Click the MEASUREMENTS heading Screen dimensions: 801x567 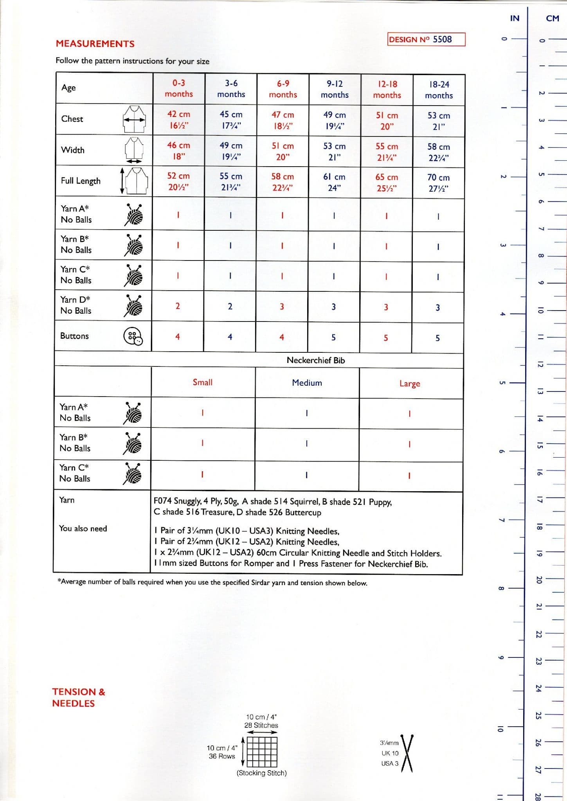click(x=95, y=43)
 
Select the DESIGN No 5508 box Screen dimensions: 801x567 click(x=426, y=40)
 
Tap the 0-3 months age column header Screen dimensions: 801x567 click(x=178, y=88)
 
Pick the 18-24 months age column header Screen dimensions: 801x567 click(x=439, y=90)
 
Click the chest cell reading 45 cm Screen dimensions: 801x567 click(x=231, y=120)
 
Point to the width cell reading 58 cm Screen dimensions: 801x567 click(x=438, y=152)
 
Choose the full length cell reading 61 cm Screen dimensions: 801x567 click(x=334, y=182)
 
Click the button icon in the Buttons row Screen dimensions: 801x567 click(x=133, y=336)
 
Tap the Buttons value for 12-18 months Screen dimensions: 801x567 click(x=386, y=338)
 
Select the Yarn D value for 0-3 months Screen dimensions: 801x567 click(x=178, y=306)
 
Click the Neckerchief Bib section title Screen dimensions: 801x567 click(x=315, y=360)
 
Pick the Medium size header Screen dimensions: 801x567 click(x=307, y=383)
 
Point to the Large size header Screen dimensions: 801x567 click(x=410, y=384)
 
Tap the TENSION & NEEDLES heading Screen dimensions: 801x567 click(x=78, y=697)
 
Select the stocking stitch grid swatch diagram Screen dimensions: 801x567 click(x=262, y=752)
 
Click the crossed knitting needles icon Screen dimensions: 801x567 click(x=407, y=753)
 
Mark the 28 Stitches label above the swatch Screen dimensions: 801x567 click(x=261, y=725)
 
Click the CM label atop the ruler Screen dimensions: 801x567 click(x=552, y=18)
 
